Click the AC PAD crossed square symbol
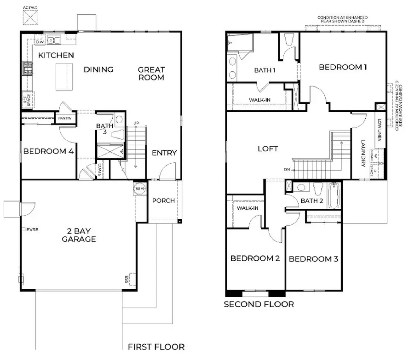pyautogui.click(x=31, y=19)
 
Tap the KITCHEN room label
pyautogui.click(x=56, y=55)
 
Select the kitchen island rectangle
pyautogui.click(x=64, y=77)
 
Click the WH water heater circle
pyautogui.click(x=139, y=189)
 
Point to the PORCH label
pyautogui.click(x=163, y=200)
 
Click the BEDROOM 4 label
pyautogui.click(x=46, y=151)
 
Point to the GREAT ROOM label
pyautogui.click(x=151, y=74)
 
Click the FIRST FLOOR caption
pyautogui.click(x=156, y=347)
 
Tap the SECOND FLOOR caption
pyautogui.click(x=259, y=304)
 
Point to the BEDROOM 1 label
pyautogui.click(x=343, y=67)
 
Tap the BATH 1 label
pyautogui.click(x=264, y=70)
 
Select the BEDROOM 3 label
pyautogui.click(x=313, y=259)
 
